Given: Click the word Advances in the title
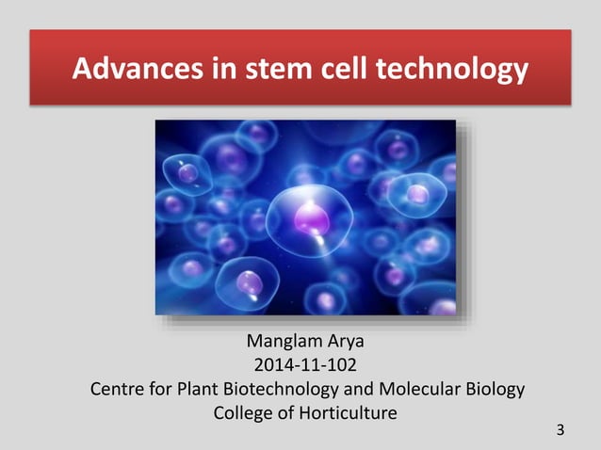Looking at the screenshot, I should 127,70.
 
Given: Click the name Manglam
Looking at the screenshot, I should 279,341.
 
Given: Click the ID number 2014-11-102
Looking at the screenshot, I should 300,364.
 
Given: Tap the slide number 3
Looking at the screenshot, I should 561,431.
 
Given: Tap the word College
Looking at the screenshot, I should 243,412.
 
